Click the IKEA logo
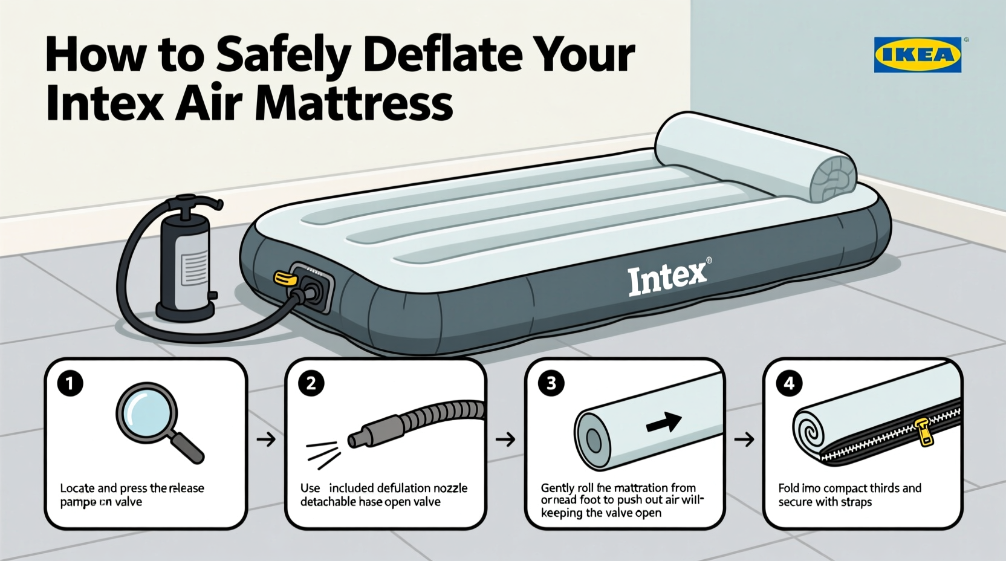click(917, 54)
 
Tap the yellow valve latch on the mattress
click(285, 277)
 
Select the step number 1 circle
click(70, 383)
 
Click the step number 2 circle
click(310, 383)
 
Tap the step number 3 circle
click(551, 383)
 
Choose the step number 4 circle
click(789, 383)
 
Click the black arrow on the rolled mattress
click(664, 422)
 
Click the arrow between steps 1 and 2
click(265, 439)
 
